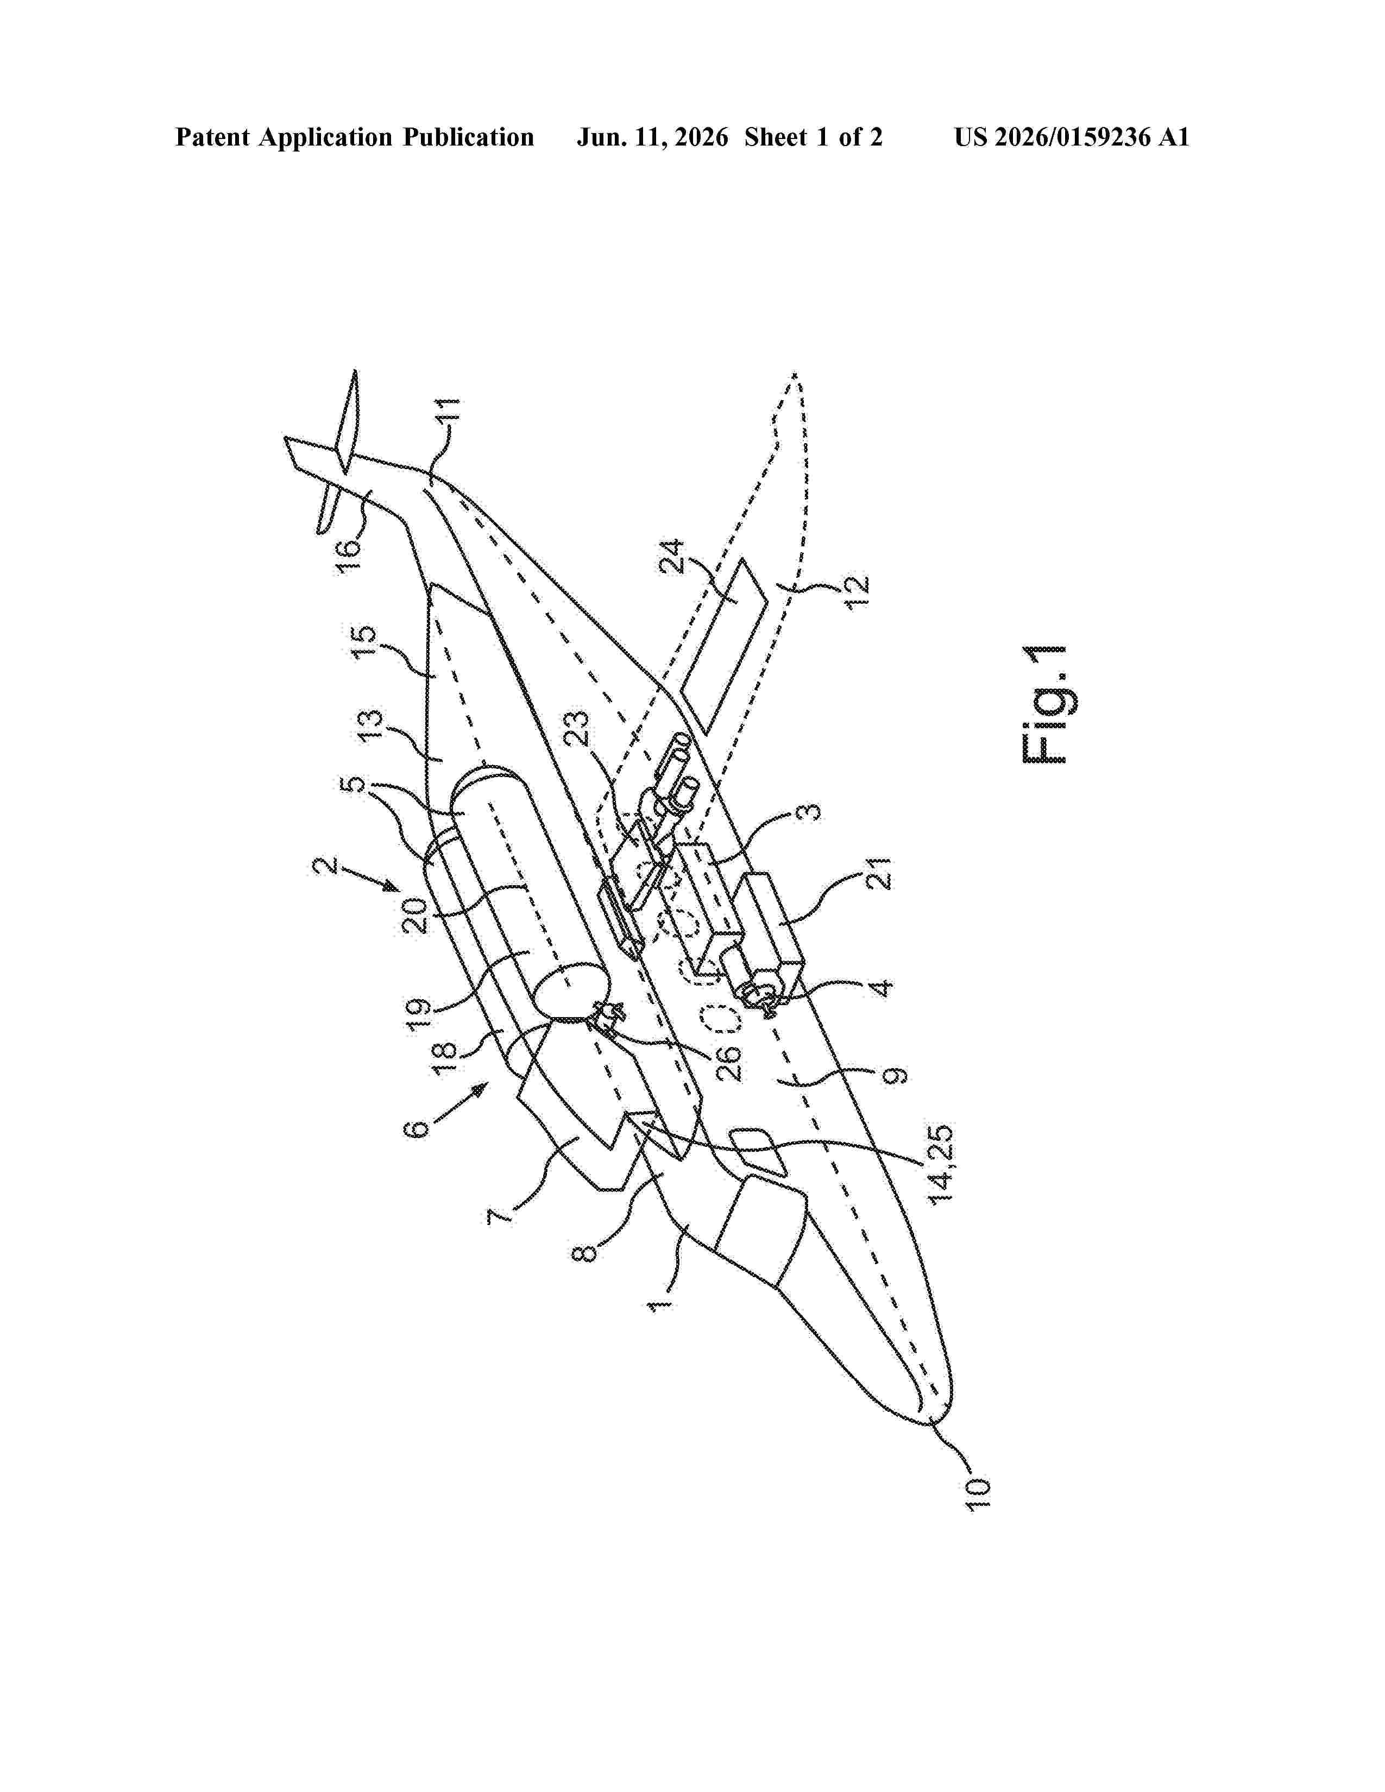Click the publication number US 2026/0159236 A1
coord(1072,137)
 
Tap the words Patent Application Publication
coord(355,137)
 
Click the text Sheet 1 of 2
coord(813,137)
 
